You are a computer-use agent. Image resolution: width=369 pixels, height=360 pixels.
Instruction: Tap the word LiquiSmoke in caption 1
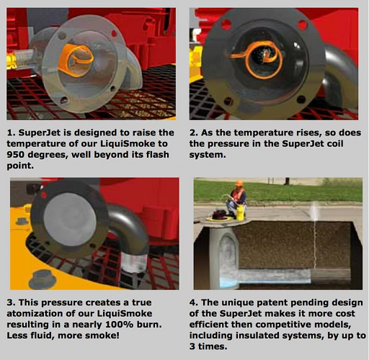click(127, 143)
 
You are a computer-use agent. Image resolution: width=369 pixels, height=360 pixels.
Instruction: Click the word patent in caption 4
click(272, 302)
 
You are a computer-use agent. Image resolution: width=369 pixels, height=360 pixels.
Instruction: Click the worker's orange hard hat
click(239, 183)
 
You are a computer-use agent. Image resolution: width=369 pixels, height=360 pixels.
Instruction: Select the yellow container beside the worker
click(241, 212)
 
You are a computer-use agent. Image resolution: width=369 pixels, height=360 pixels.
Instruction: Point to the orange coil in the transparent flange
click(75, 60)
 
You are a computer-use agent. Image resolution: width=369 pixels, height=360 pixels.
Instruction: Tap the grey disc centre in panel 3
click(70, 220)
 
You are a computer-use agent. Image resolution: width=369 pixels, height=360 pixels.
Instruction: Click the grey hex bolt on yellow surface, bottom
click(43, 279)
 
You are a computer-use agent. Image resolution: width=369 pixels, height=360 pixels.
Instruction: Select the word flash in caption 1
click(158, 155)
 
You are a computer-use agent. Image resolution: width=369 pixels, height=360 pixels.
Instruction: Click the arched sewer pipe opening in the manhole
click(228, 254)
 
